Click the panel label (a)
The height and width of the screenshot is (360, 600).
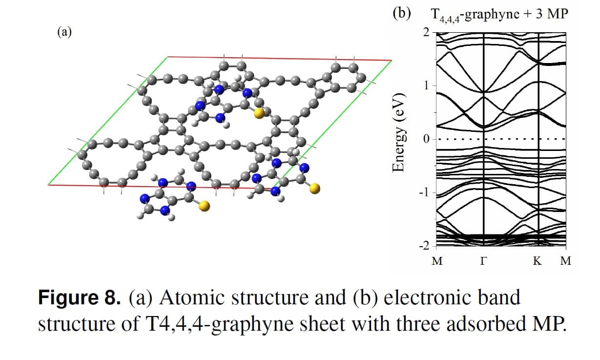[64, 32]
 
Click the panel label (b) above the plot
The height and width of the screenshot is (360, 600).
[401, 13]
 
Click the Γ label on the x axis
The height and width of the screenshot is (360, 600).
[483, 261]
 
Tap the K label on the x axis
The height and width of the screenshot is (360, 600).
[538, 261]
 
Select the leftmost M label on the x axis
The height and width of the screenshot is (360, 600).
[437, 261]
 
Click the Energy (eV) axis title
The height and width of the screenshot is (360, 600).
[398, 132]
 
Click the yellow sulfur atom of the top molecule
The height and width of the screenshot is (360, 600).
[259, 113]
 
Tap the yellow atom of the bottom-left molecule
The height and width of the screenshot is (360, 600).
[205, 206]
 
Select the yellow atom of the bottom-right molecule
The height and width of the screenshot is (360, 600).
[315, 189]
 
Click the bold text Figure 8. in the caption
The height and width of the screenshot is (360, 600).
[80, 297]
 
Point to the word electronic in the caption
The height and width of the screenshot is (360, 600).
[428, 297]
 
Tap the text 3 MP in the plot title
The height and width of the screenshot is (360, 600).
[552, 13]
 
